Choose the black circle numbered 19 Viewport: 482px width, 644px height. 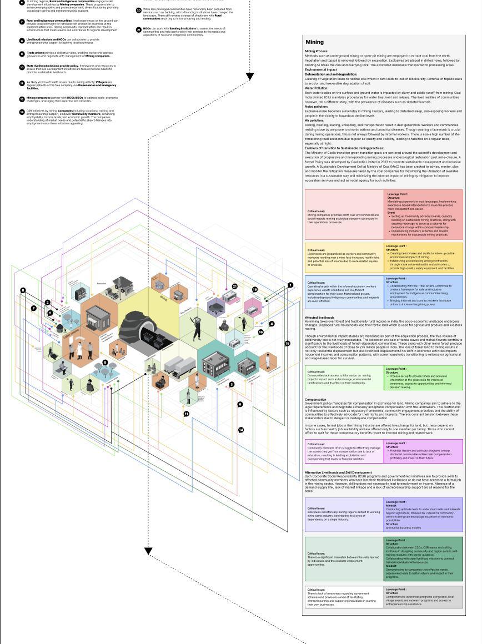[x=255, y=290]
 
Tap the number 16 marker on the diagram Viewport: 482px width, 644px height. [x=260, y=332]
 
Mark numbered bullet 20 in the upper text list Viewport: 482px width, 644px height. [x=139, y=10]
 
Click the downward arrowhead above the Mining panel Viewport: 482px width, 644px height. [x=250, y=77]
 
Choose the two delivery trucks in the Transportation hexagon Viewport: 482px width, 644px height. [x=177, y=368]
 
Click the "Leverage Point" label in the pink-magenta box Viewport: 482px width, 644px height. [x=396, y=443]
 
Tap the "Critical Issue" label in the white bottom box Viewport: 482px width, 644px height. [x=316, y=590]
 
